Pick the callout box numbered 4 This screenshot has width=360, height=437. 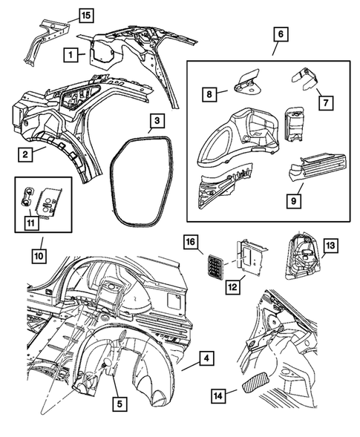click(x=209, y=359)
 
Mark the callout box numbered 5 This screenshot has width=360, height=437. click(x=120, y=404)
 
